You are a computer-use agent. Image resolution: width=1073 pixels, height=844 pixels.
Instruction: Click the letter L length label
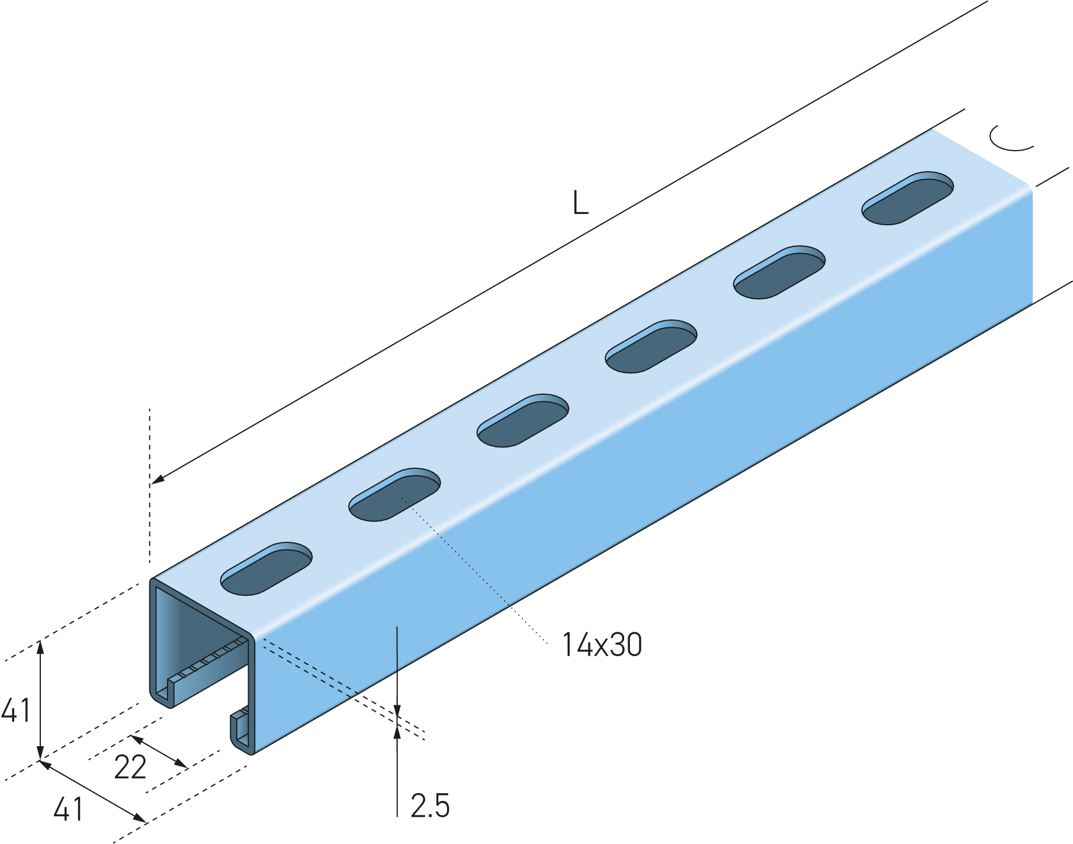pyautogui.click(x=580, y=203)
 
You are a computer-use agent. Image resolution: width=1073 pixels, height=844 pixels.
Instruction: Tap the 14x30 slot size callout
pyautogui.click(x=602, y=645)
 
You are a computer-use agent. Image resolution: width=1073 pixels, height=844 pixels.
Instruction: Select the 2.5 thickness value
pyautogui.click(x=430, y=805)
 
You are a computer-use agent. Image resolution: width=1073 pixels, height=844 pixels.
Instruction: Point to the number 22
pyautogui.click(x=130, y=768)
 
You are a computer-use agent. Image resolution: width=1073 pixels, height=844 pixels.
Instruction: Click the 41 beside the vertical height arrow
pyautogui.click(x=16, y=710)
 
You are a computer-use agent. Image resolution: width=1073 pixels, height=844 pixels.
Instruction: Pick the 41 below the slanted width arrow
pyautogui.click(x=68, y=809)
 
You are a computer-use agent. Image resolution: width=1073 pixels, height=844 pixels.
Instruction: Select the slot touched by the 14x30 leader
pyautogui.click(x=394, y=494)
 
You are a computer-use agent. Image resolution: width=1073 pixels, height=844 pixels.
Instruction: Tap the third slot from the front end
pyautogui.click(x=523, y=420)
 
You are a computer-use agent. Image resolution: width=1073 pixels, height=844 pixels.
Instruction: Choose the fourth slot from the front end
pyautogui.click(x=651, y=346)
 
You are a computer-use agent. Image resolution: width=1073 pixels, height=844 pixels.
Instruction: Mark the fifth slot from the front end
pyautogui.click(x=779, y=272)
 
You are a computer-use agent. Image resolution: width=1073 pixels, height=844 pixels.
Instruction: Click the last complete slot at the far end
pyautogui.click(x=908, y=198)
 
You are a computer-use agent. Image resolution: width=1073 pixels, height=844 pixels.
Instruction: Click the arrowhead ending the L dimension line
pyautogui.click(x=158, y=479)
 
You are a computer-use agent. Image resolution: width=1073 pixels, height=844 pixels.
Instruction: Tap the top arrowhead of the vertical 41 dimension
pyautogui.click(x=40, y=647)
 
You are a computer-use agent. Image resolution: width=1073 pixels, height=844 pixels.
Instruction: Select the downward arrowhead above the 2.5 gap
pyautogui.click(x=397, y=712)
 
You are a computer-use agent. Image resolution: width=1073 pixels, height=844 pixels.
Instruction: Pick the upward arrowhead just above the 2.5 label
pyautogui.click(x=397, y=732)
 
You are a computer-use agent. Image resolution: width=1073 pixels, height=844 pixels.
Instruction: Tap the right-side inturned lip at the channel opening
pyautogui.click(x=239, y=729)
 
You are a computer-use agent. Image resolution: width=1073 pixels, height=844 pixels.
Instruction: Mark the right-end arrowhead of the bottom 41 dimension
pyautogui.click(x=140, y=819)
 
